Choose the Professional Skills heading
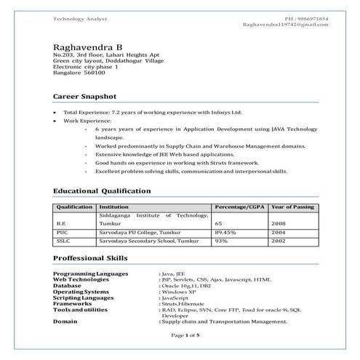(90, 258)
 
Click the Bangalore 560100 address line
(79, 73)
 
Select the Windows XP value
(179, 291)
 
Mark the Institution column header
(115, 207)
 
